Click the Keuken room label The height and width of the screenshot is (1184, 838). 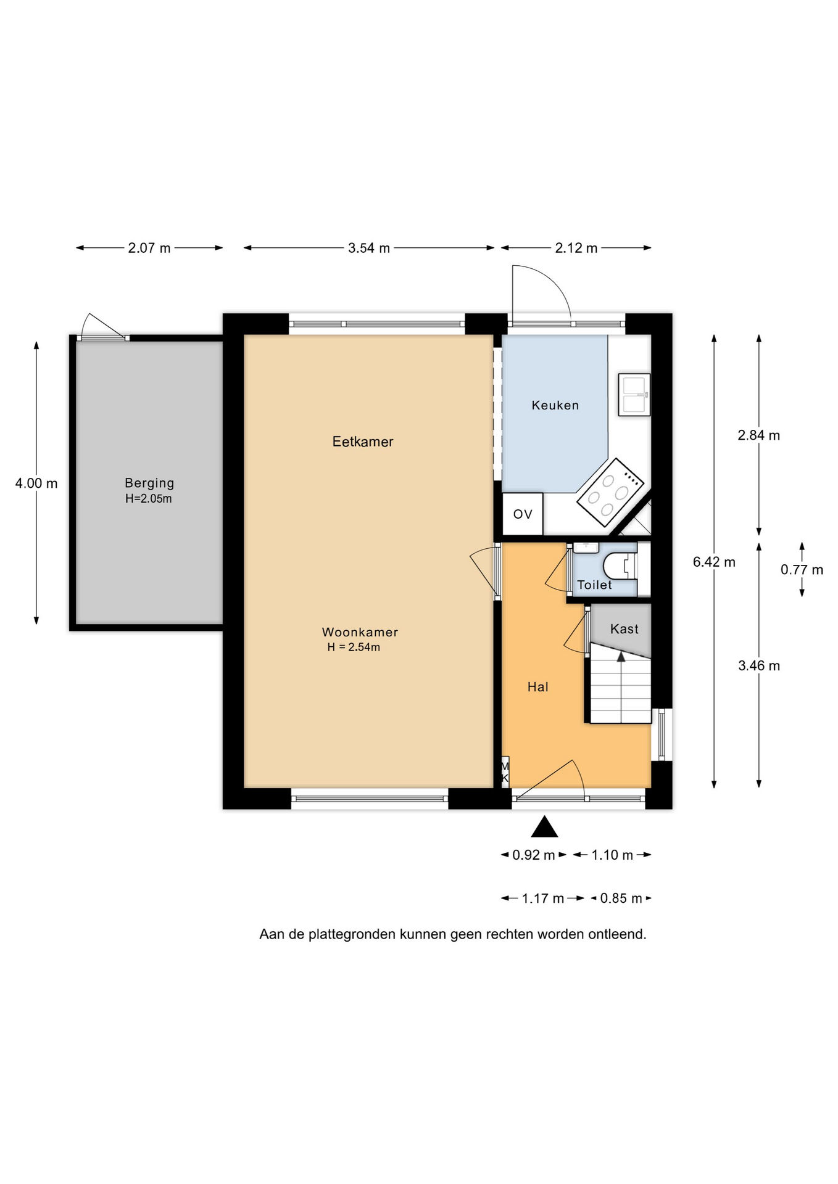(x=555, y=405)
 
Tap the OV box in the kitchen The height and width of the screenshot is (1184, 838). (x=523, y=514)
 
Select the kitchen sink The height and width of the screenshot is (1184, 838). (x=634, y=395)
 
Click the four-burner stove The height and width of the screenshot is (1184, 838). (x=610, y=492)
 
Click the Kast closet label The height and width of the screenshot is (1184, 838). (x=624, y=629)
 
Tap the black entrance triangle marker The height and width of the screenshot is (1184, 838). (x=544, y=826)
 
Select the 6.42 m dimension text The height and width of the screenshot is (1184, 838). (x=714, y=562)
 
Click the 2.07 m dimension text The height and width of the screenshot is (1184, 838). (x=149, y=248)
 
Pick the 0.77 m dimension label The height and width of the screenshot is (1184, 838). (x=802, y=570)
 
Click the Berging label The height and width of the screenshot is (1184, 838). (x=149, y=483)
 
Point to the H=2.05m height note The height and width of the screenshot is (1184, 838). (x=149, y=499)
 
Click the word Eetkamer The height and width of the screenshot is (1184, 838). (x=363, y=442)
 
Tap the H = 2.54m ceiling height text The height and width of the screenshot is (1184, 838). (x=354, y=647)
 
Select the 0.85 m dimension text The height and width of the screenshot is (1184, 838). (x=621, y=898)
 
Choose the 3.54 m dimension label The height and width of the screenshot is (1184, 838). (x=369, y=248)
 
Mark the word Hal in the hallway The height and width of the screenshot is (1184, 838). (x=538, y=687)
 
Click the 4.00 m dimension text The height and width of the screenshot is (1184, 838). (x=36, y=483)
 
